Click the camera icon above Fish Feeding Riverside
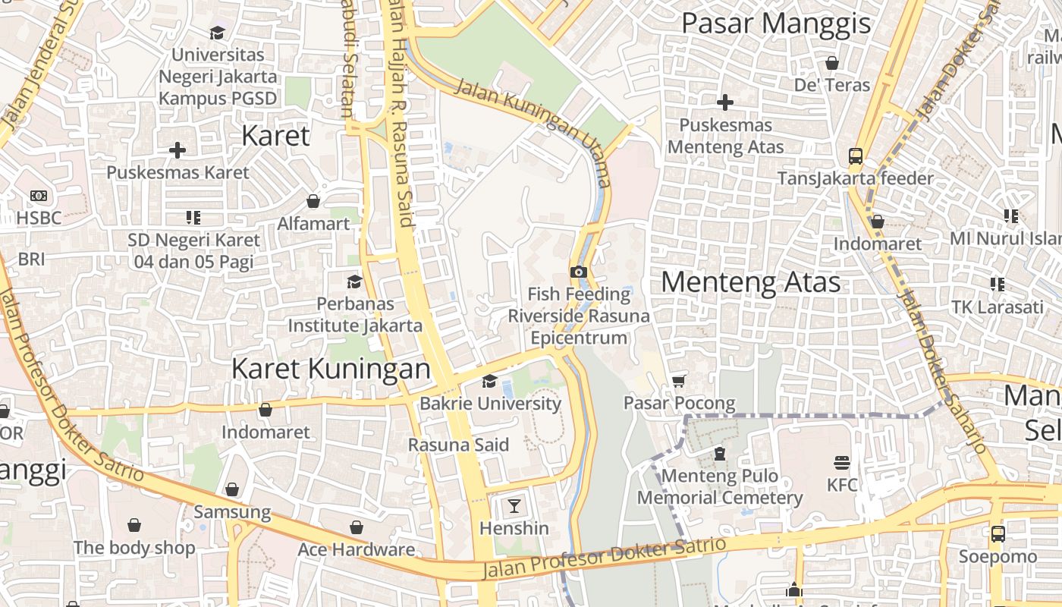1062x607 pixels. tap(578, 272)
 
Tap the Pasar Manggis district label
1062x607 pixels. tap(775, 24)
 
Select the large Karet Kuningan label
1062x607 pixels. tap(330, 369)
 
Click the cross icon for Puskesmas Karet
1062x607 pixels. tap(177, 150)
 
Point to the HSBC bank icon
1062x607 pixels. tap(39, 196)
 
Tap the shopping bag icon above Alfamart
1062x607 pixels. tap(313, 201)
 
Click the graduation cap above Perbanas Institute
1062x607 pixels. tap(354, 281)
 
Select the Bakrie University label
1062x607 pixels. tap(490, 403)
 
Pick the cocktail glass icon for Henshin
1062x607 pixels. tap(514, 505)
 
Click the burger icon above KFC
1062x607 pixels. tap(841, 462)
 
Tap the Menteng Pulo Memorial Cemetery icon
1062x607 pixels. tap(719, 454)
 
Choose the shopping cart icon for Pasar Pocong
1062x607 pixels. tap(678, 381)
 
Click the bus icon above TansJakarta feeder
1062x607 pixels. tap(855, 156)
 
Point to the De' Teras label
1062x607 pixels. tap(831, 84)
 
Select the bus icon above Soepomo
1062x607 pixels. tap(998, 533)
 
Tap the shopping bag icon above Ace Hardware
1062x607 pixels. tap(356, 527)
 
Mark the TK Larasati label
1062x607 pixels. tap(998, 307)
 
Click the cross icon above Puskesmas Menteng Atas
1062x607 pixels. tap(724, 102)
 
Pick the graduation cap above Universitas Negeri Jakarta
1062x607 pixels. tap(218, 33)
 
